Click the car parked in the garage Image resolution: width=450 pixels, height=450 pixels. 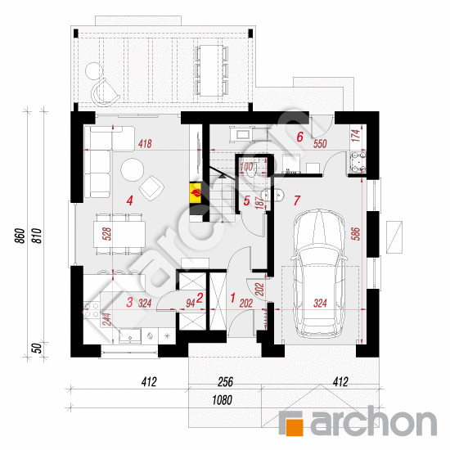coord(319,274)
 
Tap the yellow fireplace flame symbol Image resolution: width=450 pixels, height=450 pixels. coord(196,193)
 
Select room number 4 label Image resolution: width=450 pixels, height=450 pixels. coord(130,200)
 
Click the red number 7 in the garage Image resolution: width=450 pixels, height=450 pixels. coord(297,200)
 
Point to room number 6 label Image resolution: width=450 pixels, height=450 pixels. coord(300,137)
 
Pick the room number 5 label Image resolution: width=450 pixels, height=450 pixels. coord(246,200)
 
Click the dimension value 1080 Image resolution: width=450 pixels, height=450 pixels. coord(222,400)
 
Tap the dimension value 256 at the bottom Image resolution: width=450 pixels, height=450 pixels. coord(225,382)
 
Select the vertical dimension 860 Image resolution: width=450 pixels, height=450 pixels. coord(20,236)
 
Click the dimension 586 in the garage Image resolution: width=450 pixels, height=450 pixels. coord(355,234)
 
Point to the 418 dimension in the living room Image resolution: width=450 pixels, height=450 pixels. coord(145,143)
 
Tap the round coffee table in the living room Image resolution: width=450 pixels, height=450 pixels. coord(132,169)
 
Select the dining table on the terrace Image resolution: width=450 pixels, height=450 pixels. coord(212,70)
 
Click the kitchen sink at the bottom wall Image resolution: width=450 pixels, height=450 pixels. coord(130,336)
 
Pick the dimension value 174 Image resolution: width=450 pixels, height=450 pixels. coord(355,136)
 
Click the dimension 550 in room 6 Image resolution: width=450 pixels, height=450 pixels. coord(320,143)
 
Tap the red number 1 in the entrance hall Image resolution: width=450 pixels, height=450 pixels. coord(232,298)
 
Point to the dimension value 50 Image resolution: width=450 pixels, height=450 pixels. coord(37,348)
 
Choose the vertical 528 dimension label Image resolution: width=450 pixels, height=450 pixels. coord(106,234)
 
